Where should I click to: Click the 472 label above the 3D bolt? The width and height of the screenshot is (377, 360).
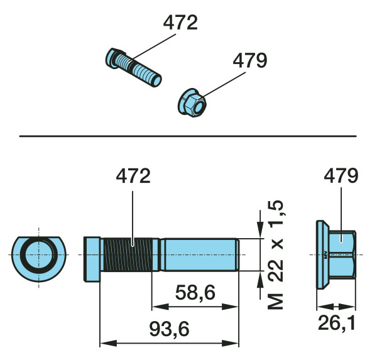(x=180, y=23)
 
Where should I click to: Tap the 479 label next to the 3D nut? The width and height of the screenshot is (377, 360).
(x=250, y=60)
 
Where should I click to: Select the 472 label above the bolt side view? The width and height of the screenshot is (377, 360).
(x=133, y=177)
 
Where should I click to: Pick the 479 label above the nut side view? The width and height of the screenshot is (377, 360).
(x=341, y=176)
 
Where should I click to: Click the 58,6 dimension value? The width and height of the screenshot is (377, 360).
(x=195, y=293)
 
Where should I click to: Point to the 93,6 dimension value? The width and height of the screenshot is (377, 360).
(x=169, y=329)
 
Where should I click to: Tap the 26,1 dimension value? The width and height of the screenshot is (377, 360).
(x=336, y=323)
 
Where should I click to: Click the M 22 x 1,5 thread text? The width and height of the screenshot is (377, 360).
(x=276, y=254)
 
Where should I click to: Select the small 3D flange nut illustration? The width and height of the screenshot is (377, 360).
(x=192, y=102)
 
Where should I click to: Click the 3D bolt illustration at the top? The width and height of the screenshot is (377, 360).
(x=133, y=67)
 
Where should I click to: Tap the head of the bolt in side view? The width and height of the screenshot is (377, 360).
(x=92, y=259)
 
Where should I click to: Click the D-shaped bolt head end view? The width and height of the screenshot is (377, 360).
(x=38, y=259)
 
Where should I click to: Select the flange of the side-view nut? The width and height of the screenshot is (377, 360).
(x=322, y=254)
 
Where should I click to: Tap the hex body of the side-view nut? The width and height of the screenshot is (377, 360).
(x=342, y=254)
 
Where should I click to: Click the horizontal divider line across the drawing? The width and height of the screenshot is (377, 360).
(x=188, y=136)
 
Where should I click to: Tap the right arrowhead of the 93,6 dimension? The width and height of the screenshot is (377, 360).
(x=230, y=343)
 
